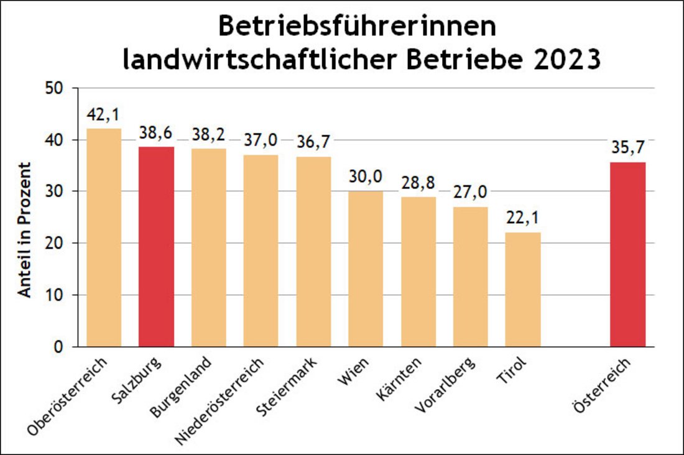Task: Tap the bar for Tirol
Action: tap(523, 289)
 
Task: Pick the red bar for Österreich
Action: tap(627, 254)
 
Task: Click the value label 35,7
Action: tap(627, 148)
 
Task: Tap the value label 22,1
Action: tap(523, 218)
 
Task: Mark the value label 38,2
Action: tap(208, 135)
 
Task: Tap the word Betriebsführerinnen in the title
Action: tap(357, 28)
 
